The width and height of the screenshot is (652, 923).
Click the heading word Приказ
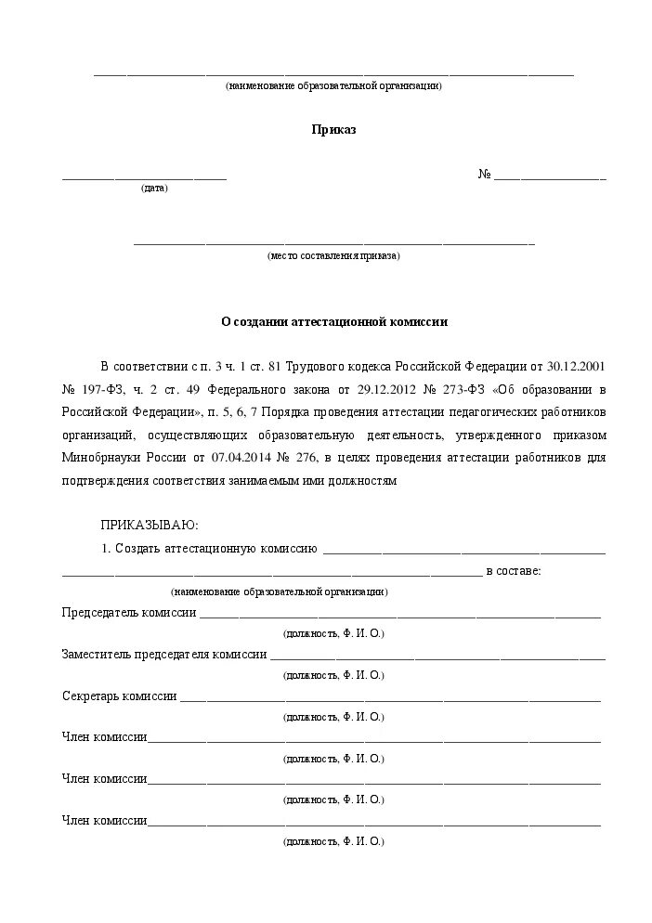pyautogui.click(x=333, y=131)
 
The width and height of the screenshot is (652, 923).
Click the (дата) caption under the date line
pyautogui.click(x=155, y=188)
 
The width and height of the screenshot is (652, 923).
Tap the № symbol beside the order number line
pyautogui.click(x=484, y=175)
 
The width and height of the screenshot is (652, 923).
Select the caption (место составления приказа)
pyautogui.click(x=333, y=255)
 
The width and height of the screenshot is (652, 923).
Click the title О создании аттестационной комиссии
pyautogui.click(x=333, y=322)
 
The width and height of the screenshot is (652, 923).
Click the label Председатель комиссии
pyautogui.click(x=129, y=613)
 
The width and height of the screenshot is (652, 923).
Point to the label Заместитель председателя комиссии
pyautogui.click(x=164, y=655)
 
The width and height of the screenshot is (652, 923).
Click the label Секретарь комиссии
pyautogui.click(x=119, y=696)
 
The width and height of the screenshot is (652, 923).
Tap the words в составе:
pyautogui.click(x=514, y=571)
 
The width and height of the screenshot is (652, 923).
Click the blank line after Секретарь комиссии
pyautogui.click(x=390, y=699)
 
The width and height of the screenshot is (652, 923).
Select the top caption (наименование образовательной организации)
pyautogui.click(x=333, y=86)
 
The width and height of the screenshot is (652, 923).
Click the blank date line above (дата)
pyautogui.click(x=144, y=176)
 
